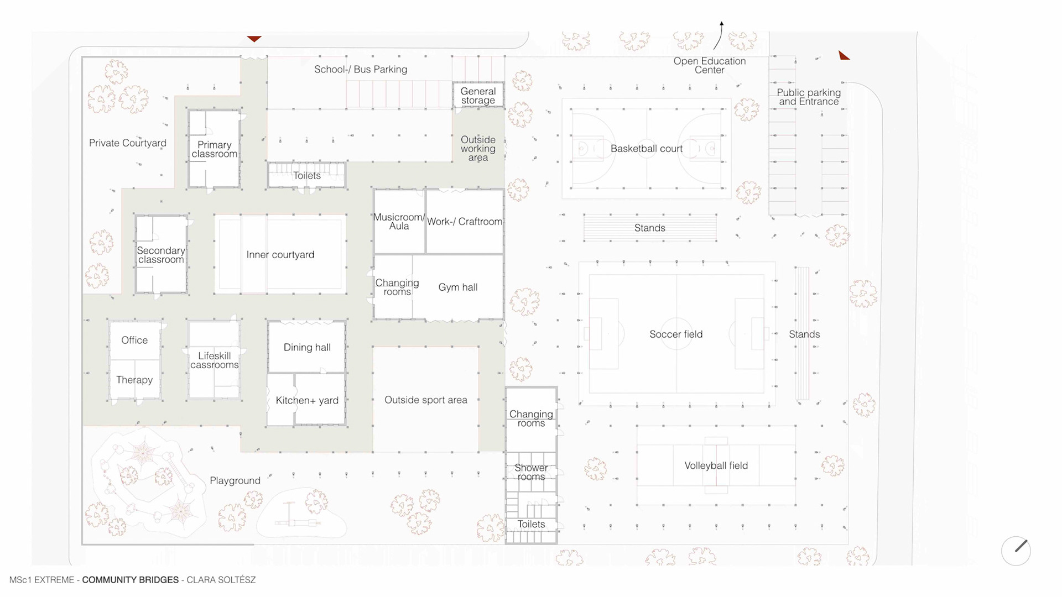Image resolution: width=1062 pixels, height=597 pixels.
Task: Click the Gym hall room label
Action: [x=457, y=287]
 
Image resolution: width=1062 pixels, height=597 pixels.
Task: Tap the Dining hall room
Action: [x=307, y=347]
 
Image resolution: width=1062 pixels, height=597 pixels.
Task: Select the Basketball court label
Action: [x=646, y=149]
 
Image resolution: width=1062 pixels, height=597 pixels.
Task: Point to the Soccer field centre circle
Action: [x=676, y=334]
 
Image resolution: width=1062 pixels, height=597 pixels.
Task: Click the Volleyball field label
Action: [x=716, y=466]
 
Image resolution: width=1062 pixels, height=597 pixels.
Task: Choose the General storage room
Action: [x=478, y=96]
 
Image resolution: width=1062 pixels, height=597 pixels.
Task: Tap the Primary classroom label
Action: [x=214, y=149]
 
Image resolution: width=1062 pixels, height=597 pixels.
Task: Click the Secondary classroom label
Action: [x=161, y=255]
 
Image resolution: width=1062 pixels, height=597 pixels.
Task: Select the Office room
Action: [x=134, y=341]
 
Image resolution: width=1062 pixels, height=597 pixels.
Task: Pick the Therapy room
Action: [x=134, y=380]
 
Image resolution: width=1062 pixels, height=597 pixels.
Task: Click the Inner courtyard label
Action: [x=280, y=255]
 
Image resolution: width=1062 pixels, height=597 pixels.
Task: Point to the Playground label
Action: [x=235, y=481]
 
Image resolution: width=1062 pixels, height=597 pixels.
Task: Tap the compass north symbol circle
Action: [x=1016, y=551]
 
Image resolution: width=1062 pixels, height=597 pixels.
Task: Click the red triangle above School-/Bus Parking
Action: [x=254, y=39]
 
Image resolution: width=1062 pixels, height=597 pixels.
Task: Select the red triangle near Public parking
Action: [x=843, y=55]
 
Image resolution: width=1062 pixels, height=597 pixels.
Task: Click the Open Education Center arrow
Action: [x=719, y=36]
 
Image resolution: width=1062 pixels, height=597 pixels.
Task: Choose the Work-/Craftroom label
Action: [x=465, y=222]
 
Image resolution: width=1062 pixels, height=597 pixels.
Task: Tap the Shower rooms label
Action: [x=531, y=472]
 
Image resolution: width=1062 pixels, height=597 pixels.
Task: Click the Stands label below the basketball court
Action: [x=649, y=228]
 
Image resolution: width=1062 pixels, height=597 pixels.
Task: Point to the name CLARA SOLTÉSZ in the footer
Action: [x=221, y=580]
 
